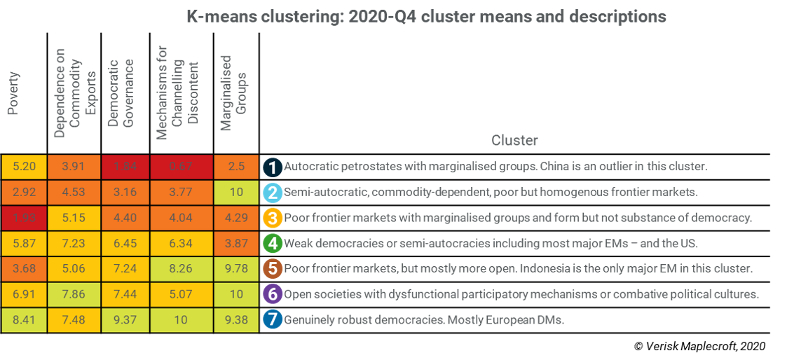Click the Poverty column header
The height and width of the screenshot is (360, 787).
(x=13, y=93)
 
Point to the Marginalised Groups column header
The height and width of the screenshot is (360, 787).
(x=235, y=93)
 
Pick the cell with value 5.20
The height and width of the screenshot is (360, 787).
(x=23, y=167)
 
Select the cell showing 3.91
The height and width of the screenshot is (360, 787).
(x=74, y=167)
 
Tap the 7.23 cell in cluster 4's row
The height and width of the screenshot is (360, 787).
(x=74, y=243)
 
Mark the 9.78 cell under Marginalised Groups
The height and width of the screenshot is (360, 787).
(x=235, y=269)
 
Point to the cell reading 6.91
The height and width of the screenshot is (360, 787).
(x=23, y=294)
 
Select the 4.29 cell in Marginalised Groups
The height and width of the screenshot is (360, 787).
(x=235, y=218)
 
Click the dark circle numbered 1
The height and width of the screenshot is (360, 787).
(x=273, y=167)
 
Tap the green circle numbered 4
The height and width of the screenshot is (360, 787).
(x=273, y=244)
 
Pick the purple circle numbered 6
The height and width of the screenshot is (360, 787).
(x=273, y=295)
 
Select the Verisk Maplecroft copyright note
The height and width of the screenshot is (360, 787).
(x=699, y=346)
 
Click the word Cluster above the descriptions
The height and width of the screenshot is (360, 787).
(x=514, y=140)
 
